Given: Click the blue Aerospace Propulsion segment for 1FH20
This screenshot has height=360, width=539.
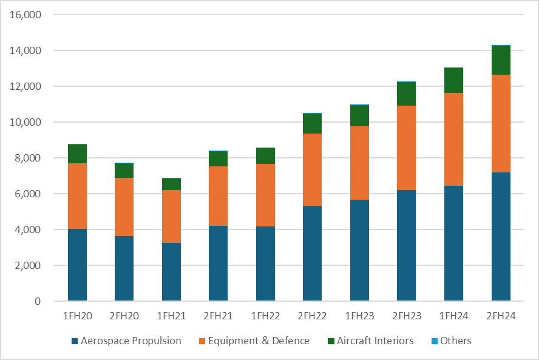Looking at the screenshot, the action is point(77,265).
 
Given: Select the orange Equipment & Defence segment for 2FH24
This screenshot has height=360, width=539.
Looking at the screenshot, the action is point(501,123).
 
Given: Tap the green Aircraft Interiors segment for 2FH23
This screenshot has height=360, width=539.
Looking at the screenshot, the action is point(406,94).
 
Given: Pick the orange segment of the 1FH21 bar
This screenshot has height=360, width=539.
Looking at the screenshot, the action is point(172,217).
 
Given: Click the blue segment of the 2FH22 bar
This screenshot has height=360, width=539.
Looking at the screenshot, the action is point(312,253).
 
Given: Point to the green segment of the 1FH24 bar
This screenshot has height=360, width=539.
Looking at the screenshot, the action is point(454,81).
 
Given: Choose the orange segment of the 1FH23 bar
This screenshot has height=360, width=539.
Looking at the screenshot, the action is point(359,163).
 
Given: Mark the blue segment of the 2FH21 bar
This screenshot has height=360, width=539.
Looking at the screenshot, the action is point(219,263).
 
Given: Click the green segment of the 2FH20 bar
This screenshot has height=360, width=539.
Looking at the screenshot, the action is point(124,171).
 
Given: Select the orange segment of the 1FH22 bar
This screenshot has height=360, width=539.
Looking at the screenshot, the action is point(265,195).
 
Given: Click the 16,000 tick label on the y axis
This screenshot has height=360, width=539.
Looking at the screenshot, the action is point(25,15).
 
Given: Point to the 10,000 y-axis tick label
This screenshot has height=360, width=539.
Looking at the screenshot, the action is point(25,122).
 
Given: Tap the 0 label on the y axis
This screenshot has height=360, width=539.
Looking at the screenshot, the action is point(38,301).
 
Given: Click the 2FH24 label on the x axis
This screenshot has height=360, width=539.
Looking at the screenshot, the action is point(501,316).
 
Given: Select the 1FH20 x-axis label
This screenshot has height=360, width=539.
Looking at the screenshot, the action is point(77,316).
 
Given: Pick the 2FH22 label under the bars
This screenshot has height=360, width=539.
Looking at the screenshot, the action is point(312,316).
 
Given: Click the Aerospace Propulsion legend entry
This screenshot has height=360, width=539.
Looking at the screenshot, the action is point(126,341).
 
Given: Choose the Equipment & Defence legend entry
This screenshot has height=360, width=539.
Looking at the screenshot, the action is point(254,341).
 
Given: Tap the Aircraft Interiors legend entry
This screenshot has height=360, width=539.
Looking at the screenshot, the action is point(371,341).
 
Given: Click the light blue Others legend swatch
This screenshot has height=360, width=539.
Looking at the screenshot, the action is point(435,341).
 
